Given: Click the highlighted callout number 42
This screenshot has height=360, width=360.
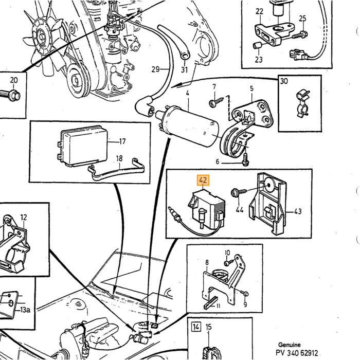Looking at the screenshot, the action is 203,180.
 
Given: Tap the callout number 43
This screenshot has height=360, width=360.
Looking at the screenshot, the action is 298,211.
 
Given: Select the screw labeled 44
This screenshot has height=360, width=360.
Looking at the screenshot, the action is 239,192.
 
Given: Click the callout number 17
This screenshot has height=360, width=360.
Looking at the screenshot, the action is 122,141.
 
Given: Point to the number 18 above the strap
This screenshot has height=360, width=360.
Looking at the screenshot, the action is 119,158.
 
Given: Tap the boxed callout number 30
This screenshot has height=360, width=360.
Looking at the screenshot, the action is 284,81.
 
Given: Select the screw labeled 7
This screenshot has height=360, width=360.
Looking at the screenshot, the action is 216,102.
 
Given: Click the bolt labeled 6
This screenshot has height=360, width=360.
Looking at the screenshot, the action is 246,159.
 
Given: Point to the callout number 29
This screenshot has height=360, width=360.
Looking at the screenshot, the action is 155,69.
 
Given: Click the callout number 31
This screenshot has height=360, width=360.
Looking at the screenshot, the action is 184,70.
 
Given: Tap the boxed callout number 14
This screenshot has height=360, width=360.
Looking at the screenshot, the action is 196,327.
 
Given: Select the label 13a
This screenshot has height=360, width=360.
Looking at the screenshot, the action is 25,310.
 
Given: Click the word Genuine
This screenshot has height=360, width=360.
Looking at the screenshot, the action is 289,345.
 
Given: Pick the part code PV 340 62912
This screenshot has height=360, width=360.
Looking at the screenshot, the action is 297,353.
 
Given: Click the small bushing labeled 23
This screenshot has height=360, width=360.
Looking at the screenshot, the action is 257,45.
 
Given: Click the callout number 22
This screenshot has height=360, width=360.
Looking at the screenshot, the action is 259,11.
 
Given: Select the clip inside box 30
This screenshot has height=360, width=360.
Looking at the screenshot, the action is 303,104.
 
